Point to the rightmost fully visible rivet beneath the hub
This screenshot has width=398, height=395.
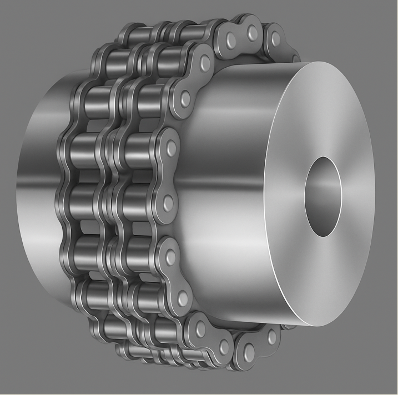point(271,336)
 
